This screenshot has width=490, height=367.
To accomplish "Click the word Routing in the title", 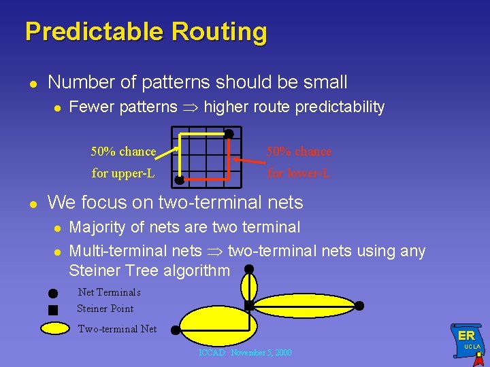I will click(x=219, y=32).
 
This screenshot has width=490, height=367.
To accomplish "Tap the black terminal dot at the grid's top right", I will click(x=229, y=134).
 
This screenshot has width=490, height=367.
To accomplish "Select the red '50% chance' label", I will click(x=299, y=152).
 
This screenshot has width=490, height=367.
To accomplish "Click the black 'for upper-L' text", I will click(x=122, y=173).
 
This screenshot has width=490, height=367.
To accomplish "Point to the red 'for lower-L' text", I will click(x=298, y=173).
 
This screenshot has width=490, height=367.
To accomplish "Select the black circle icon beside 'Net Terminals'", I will click(x=53, y=294).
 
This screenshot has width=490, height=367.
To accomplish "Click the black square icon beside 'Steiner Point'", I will click(x=53, y=310).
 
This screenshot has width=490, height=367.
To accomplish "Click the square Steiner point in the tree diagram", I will click(x=249, y=306).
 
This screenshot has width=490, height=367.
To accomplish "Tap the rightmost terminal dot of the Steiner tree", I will click(x=359, y=306).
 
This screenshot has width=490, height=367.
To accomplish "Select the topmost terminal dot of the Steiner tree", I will click(x=249, y=269).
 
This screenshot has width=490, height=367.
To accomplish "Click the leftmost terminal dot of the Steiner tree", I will click(x=175, y=330).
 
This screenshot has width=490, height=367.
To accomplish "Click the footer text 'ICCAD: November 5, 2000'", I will click(x=245, y=353).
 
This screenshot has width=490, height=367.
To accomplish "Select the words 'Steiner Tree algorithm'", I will click(x=150, y=270).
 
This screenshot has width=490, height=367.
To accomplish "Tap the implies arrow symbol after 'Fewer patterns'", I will click(x=191, y=107).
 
